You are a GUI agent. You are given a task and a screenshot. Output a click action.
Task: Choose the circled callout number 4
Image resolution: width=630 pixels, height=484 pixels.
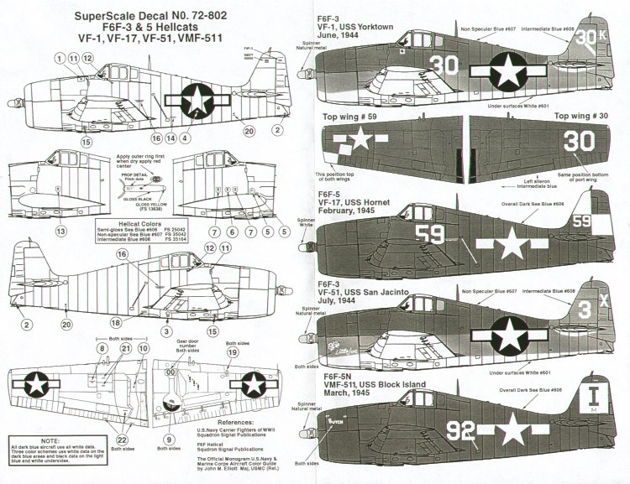click(x=186, y=136)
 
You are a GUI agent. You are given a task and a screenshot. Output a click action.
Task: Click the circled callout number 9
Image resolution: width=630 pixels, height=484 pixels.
click(x=171, y=438)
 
